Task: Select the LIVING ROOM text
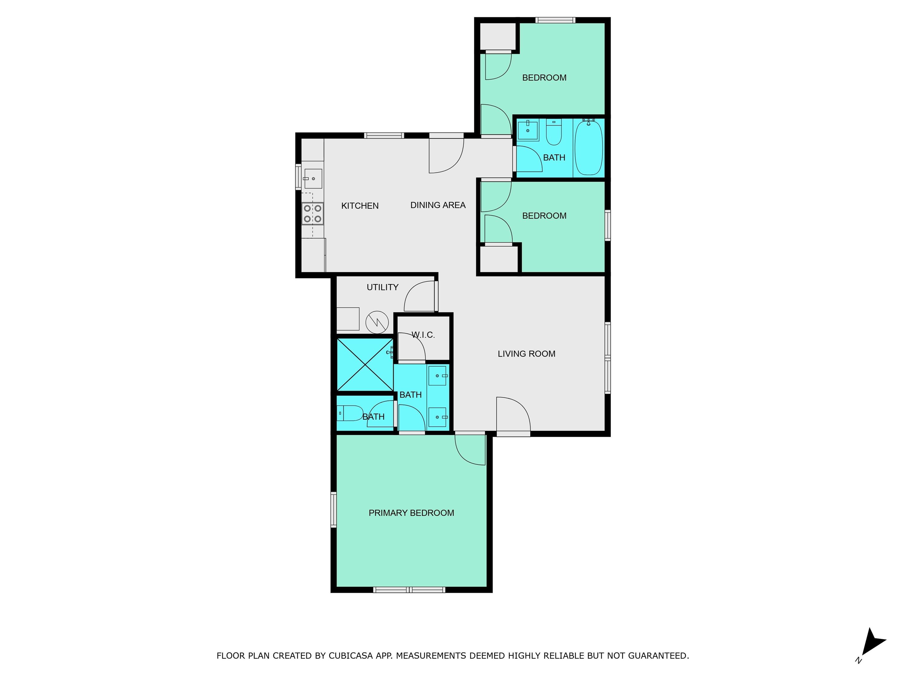coord(526,354)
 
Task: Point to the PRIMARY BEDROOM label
coord(411,513)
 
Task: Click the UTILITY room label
coord(382,287)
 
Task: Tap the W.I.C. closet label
coord(423,335)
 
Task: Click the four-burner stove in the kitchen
coord(312,214)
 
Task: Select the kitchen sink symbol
coord(313,179)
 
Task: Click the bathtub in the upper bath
coord(589,148)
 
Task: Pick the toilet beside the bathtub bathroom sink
coord(554,133)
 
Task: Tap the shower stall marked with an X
coord(364,364)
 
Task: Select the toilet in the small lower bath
coord(350,413)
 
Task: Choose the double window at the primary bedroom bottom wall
coord(409,590)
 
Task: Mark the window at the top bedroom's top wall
coord(555,20)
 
